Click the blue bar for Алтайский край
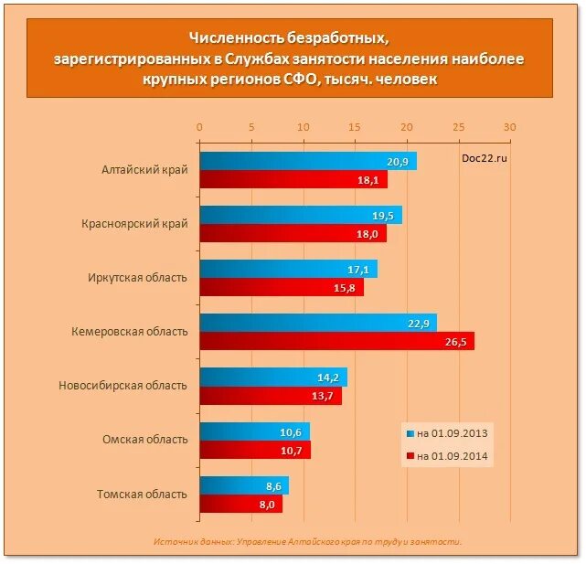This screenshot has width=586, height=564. point(307,161)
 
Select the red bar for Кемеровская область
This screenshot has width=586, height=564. point(336,341)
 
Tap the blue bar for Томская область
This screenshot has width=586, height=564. point(243,485)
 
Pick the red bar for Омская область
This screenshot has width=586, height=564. point(254,450)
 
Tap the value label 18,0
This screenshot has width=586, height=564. point(370,234)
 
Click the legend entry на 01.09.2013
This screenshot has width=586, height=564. point(447,432)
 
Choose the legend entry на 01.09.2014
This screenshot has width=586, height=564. point(447,456)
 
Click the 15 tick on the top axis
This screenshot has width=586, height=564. point(355,127)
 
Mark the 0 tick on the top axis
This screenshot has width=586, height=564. point(199,127)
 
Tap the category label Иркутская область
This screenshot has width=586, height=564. point(138,278)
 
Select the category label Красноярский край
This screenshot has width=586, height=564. point(134,224)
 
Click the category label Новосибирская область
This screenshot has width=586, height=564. point(122,386)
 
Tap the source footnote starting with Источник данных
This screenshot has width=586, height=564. point(308,541)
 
